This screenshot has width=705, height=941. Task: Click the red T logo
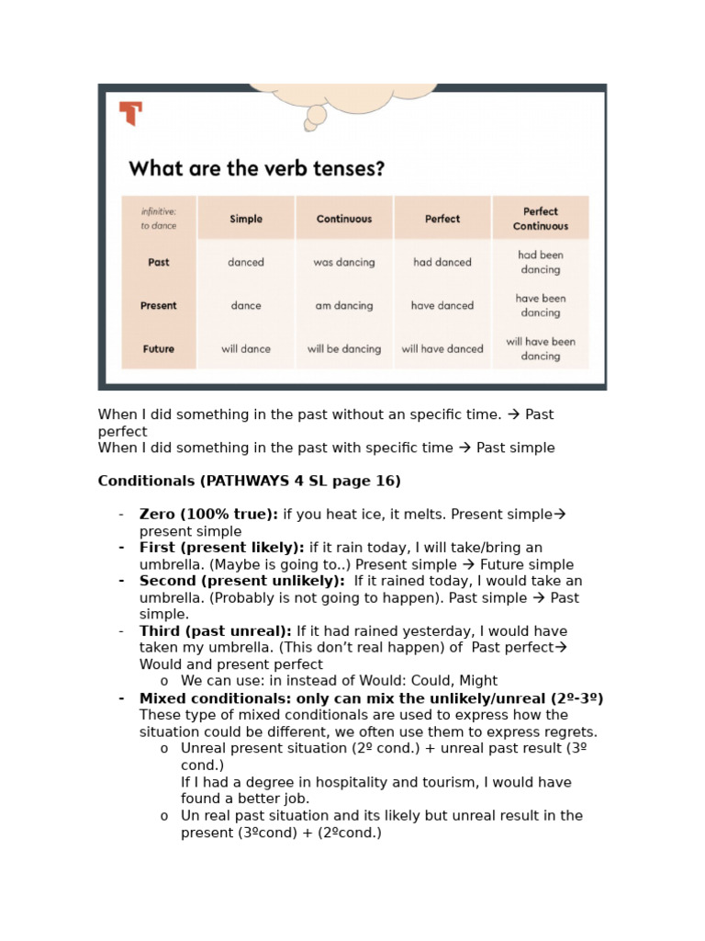pyautogui.click(x=130, y=114)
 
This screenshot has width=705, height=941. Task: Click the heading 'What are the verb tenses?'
pyautogui.click(x=256, y=169)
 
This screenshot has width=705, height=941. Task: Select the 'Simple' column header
pyautogui.click(x=246, y=219)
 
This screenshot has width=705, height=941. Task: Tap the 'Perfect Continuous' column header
pyautogui.click(x=541, y=219)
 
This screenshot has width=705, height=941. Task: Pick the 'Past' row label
pyautogui.click(x=159, y=262)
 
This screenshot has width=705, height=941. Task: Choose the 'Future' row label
pyautogui.click(x=159, y=349)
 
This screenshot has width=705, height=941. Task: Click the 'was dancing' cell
pyautogui.click(x=344, y=262)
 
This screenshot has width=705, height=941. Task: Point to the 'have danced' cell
pyautogui.click(x=442, y=306)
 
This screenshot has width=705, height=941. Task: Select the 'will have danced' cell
pyautogui.click(x=442, y=349)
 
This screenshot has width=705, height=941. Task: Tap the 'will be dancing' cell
pyautogui.click(x=344, y=349)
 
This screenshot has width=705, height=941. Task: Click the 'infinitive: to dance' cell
pyautogui.click(x=159, y=219)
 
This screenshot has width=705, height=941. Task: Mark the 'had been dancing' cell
pyautogui.click(x=541, y=262)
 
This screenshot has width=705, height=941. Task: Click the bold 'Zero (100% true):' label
pyautogui.click(x=208, y=515)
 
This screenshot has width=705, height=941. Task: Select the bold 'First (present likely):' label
pyautogui.click(x=221, y=548)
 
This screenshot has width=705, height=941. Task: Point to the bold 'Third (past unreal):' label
pyautogui.click(x=215, y=631)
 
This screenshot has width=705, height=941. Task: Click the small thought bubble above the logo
pyautogui.click(x=316, y=115)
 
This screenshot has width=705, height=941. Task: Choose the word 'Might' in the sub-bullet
pyautogui.click(x=476, y=681)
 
